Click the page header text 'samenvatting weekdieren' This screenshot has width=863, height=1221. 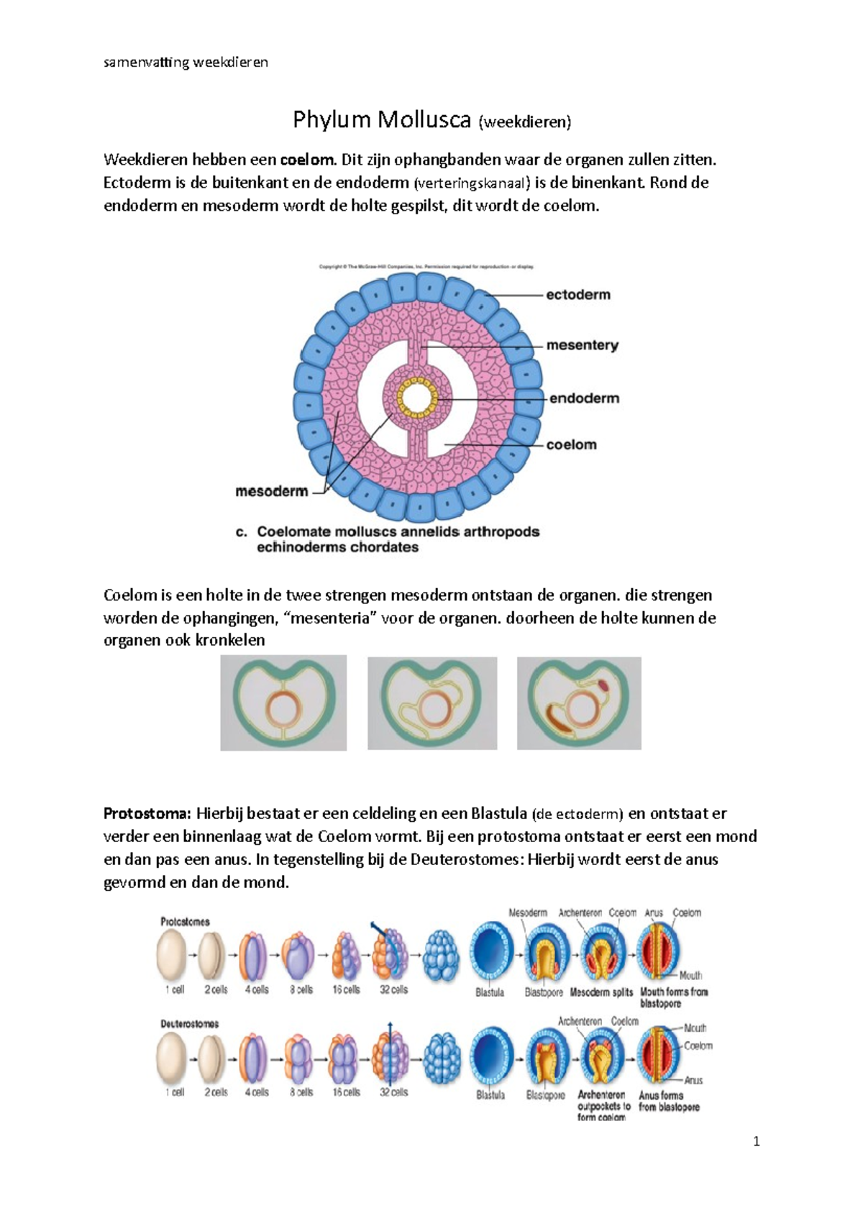tap(186, 63)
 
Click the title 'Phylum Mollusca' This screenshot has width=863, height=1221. tap(381, 120)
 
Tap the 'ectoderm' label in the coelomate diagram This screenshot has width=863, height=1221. tap(578, 295)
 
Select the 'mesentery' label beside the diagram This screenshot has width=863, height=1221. tap(582, 345)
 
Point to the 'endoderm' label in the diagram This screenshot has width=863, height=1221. tap(584, 398)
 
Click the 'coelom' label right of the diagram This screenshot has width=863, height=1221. tap(571, 444)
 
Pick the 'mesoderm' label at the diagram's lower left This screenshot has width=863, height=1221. tap(271, 492)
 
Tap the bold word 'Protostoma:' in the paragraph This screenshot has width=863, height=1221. tap(147, 814)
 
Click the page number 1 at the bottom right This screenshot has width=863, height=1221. tap(756, 1141)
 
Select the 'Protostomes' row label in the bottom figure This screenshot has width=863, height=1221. tap(185, 921)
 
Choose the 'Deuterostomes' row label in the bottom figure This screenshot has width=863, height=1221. tap(189, 1023)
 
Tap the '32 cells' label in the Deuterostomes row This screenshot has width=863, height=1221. tap(393, 1092)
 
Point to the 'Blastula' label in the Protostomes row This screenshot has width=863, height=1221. tap(490, 992)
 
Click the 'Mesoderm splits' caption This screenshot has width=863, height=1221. tap(601, 992)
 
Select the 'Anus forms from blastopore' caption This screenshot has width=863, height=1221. tap(669, 1101)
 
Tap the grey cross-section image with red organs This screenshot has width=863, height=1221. tap(579, 703)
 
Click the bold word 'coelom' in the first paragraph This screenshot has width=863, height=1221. tap(307, 160)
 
